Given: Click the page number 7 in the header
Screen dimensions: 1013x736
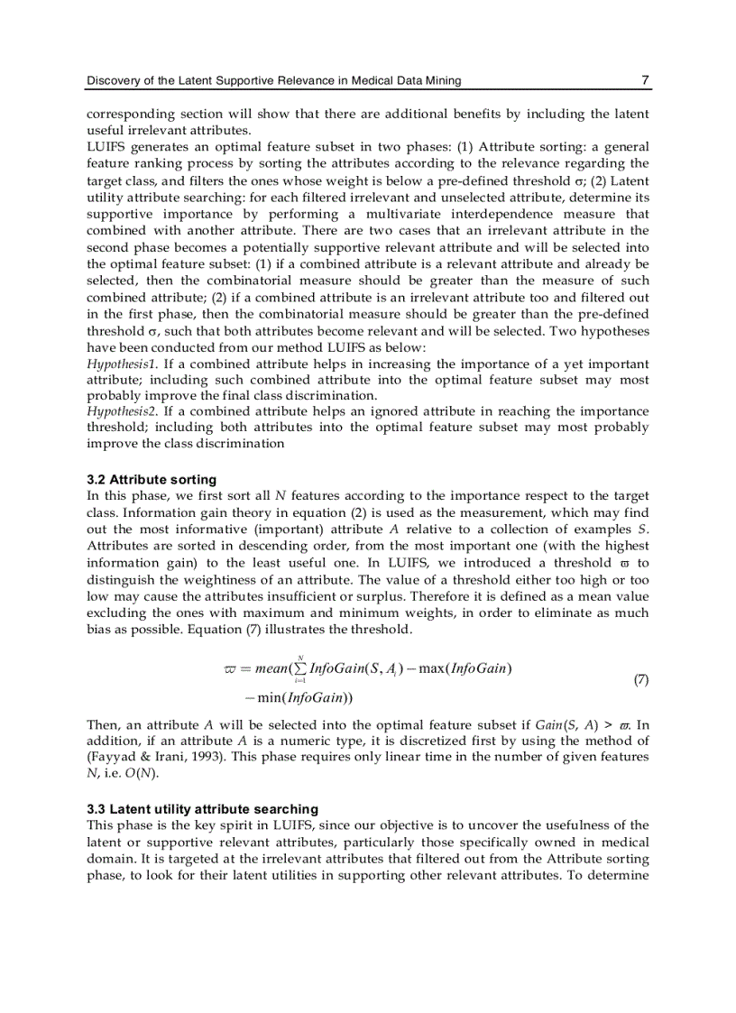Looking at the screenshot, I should point(645,80).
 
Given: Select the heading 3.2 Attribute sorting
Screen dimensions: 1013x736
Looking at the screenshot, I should point(152,480).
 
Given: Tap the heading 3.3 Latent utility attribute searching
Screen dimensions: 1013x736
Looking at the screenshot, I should point(202,809).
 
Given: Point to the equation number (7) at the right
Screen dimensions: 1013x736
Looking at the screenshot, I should point(640,680).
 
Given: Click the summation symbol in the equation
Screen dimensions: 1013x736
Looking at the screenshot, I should point(300,668).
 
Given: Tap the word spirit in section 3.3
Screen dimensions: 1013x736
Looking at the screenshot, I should point(239,825).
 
